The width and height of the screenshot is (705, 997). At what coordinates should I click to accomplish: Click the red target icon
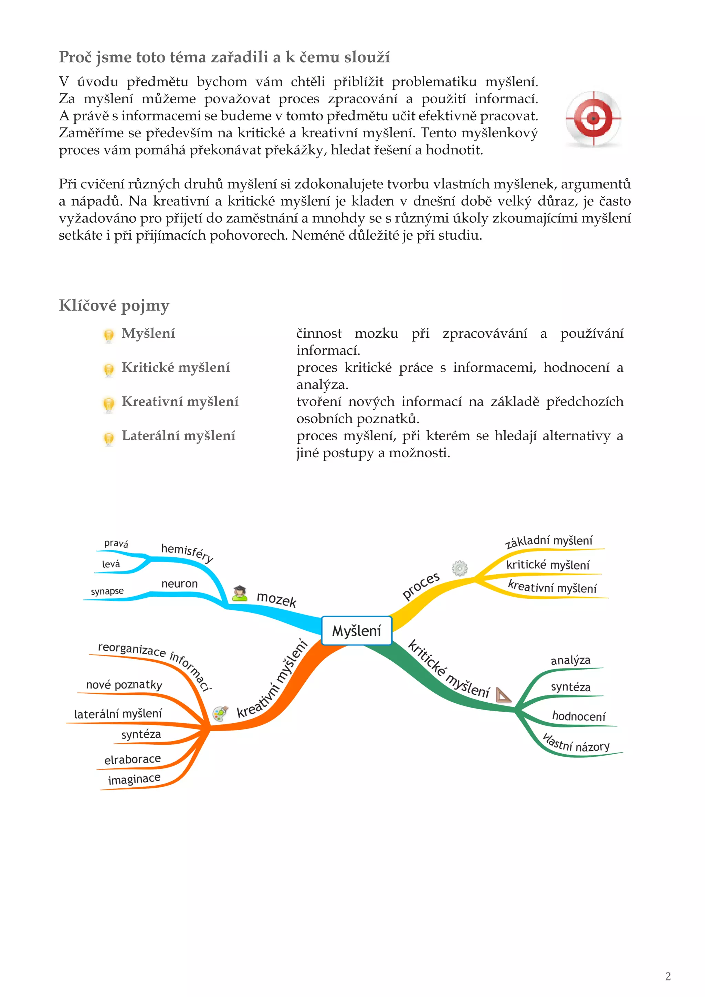click(x=593, y=118)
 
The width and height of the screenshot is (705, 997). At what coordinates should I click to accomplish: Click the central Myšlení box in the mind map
click(x=356, y=630)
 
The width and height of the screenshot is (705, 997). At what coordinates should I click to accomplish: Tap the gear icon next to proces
click(x=459, y=568)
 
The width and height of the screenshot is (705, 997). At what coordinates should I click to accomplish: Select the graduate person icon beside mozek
click(x=239, y=593)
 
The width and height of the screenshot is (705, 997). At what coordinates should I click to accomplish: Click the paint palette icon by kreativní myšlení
click(x=220, y=713)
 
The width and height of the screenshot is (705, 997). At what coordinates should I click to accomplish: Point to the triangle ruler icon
click(x=503, y=695)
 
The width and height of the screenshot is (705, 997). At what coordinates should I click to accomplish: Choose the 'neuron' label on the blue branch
click(x=179, y=584)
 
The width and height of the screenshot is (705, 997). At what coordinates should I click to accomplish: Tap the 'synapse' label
click(x=107, y=591)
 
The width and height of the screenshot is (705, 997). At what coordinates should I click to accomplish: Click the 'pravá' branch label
click(x=116, y=543)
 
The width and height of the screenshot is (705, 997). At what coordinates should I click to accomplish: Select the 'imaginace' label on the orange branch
click(x=134, y=779)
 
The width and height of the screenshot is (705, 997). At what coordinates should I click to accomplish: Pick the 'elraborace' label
click(x=133, y=759)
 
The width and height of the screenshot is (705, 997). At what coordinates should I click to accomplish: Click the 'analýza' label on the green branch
click(x=570, y=660)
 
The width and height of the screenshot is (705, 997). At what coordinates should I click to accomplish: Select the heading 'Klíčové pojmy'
click(x=114, y=305)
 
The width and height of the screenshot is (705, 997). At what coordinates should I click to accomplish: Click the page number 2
click(x=668, y=976)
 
